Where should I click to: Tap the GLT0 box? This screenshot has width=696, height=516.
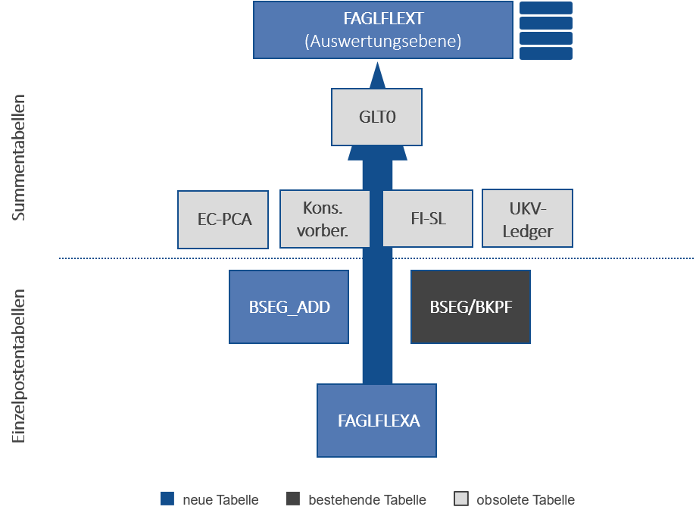(376, 117)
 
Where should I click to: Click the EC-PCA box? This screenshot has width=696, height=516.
(223, 220)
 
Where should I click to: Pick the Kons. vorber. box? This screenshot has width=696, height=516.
(325, 219)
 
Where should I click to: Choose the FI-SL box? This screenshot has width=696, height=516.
(427, 219)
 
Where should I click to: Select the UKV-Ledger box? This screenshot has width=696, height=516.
(527, 219)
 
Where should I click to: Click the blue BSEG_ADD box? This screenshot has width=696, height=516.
(289, 307)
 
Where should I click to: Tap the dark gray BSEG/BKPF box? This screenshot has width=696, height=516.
(470, 307)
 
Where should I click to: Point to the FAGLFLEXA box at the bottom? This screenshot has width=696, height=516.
(376, 421)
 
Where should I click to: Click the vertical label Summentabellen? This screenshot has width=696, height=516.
(19, 158)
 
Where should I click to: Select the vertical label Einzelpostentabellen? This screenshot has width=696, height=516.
(19, 365)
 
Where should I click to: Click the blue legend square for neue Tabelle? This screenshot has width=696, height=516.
(168, 499)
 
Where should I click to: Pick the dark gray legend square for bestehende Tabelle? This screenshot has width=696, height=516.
(294, 499)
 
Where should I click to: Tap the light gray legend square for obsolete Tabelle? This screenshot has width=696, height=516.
(461, 499)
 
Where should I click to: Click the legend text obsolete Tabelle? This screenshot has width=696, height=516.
(525, 500)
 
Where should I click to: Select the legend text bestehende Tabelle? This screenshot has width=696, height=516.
(367, 500)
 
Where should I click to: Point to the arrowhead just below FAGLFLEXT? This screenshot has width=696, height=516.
(377, 73)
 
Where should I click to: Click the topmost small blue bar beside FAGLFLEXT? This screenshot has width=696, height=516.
(545, 8)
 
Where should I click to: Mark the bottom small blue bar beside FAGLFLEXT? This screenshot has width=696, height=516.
(545, 53)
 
